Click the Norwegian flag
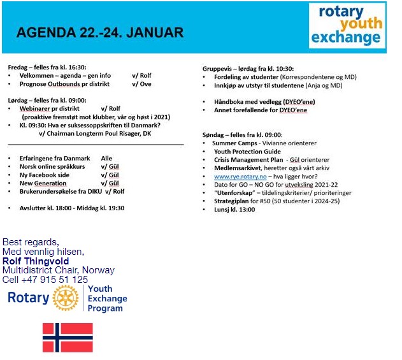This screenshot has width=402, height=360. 68,338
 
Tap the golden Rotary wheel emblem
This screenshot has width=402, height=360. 66,298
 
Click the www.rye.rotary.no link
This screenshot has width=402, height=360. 240,176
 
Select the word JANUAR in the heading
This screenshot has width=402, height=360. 155,32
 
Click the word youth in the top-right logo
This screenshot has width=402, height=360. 361,24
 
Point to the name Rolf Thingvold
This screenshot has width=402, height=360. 36,261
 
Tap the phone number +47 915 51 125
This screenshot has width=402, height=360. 55,279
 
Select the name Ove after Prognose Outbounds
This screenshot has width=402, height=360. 145,84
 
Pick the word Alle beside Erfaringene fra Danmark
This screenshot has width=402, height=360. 106,158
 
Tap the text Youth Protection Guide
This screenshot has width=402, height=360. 247,152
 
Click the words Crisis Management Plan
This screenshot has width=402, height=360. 248,160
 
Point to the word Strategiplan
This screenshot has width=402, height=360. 231,201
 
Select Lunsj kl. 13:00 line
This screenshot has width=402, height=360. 234,210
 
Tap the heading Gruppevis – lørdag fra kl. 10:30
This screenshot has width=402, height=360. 248,69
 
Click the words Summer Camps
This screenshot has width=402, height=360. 234,143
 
